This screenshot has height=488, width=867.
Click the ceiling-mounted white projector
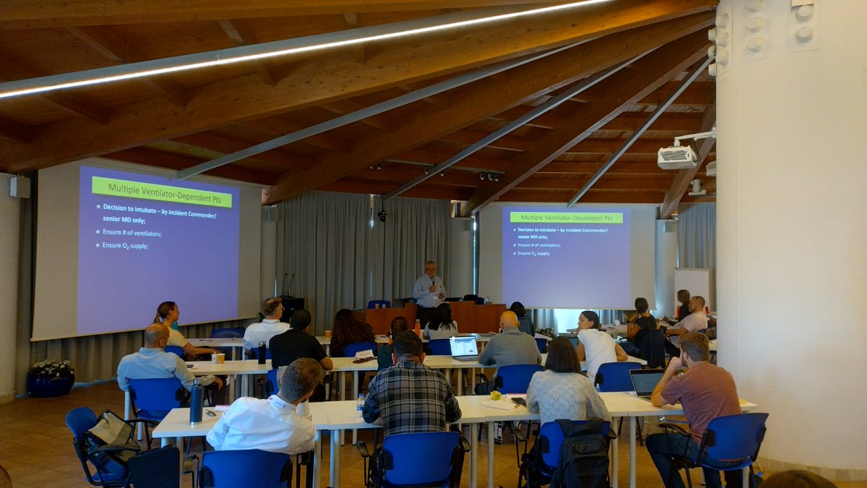(x=677, y=157)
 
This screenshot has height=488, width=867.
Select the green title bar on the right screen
(x=566, y=217)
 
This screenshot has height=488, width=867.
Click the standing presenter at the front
(x=429, y=289)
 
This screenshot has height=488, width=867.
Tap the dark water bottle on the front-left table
(x=196, y=402)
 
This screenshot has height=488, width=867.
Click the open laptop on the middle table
(x=464, y=348)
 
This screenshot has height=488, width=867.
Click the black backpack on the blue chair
(x=583, y=452)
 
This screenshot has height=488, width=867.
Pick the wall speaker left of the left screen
(x=20, y=187)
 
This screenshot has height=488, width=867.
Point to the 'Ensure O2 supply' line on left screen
(x=125, y=246)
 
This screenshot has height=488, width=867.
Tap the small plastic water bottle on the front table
(x=360, y=405)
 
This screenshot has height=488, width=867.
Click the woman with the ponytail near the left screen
(x=171, y=325)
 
